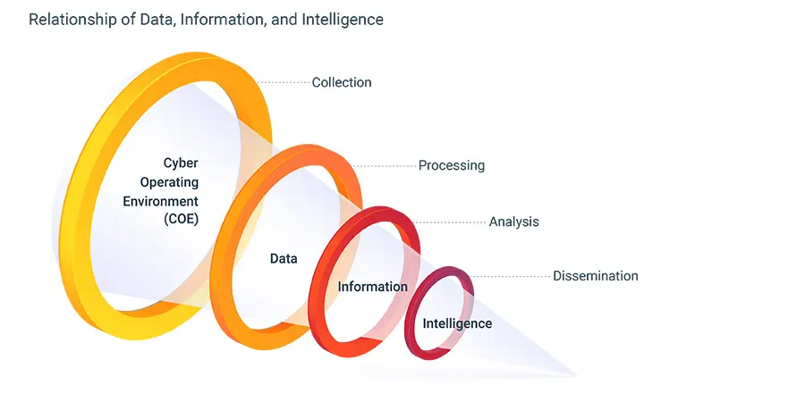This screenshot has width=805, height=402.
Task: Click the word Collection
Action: (341, 82)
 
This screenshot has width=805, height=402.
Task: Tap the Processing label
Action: (451, 165)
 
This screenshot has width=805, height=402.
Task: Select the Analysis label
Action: (513, 222)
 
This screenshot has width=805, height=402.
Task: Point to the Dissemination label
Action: (595, 276)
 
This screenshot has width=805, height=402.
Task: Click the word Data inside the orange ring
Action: (284, 258)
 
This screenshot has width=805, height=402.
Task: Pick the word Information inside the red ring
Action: (372, 287)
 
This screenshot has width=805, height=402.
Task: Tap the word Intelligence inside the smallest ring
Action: (457, 323)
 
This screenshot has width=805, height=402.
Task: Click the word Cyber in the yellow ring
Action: (180, 163)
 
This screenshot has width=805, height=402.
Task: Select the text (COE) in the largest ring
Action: (181, 219)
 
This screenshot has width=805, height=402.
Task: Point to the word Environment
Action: (160, 200)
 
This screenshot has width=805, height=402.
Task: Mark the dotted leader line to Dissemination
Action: (510, 276)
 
